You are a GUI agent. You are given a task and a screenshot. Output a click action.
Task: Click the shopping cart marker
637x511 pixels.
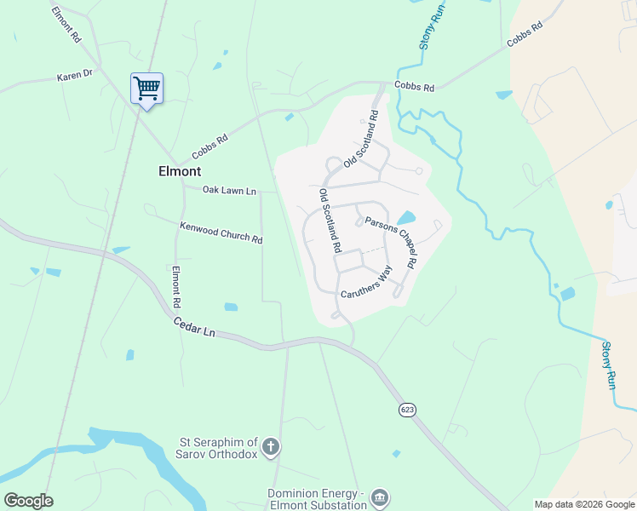[146, 88]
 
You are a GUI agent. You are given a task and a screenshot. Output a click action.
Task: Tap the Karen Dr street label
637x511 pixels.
[74, 76]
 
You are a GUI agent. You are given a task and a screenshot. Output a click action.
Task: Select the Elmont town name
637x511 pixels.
[180, 170]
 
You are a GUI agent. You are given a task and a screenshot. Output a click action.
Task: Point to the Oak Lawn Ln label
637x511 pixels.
[229, 191]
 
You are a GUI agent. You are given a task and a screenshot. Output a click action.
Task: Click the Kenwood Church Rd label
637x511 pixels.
[221, 233]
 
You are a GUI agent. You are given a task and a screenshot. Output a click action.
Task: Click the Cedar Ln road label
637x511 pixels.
[193, 327]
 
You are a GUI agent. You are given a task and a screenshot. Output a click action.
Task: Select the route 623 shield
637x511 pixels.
[407, 411]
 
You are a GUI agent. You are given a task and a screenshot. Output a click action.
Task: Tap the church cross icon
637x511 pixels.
[271, 446]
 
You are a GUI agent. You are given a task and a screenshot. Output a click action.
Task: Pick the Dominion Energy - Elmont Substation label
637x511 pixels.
[317, 499]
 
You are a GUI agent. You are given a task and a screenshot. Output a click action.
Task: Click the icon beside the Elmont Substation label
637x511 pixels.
[380, 497]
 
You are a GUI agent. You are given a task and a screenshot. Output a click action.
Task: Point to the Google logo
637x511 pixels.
[28, 500]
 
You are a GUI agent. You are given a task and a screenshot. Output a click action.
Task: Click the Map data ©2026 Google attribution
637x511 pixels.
[584, 504]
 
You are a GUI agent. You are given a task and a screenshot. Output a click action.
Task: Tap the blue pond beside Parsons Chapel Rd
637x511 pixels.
[406, 218]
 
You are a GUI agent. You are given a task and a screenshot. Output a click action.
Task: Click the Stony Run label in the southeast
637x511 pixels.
[608, 365]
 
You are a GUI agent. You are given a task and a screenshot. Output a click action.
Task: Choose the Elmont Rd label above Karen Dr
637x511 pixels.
[66, 26]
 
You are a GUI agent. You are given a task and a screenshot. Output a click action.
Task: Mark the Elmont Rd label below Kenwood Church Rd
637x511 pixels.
[177, 287]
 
